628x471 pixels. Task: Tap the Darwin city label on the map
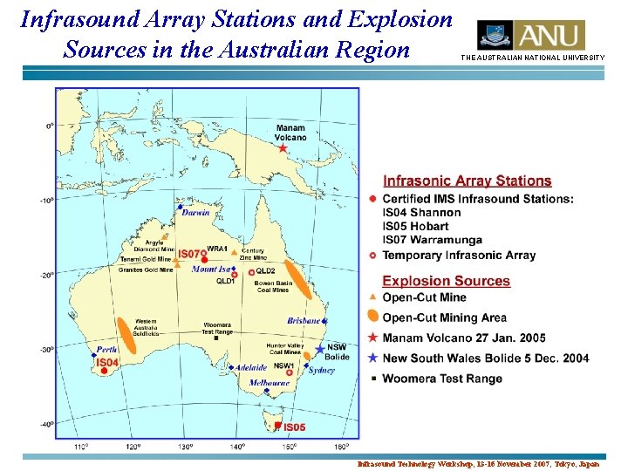[x=195, y=212]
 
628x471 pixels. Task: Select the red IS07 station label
[x=190, y=254]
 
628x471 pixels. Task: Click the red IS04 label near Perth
[x=106, y=363]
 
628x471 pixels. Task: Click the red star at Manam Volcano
[x=283, y=149]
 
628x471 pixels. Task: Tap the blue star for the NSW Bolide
[x=319, y=349]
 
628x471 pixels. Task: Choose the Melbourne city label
[x=270, y=382]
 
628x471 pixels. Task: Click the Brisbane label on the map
[x=304, y=321]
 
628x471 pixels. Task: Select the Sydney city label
[x=321, y=370]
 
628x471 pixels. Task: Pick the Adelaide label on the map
[x=252, y=368]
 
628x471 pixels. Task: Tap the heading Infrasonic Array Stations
[x=468, y=181]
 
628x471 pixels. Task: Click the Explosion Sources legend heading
[x=446, y=281]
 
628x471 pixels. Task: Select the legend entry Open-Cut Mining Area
[x=444, y=317]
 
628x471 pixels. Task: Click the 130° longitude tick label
[x=185, y=447]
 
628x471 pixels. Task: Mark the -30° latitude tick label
[x=49, y=350]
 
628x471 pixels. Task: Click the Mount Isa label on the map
[x=211, y=270]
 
